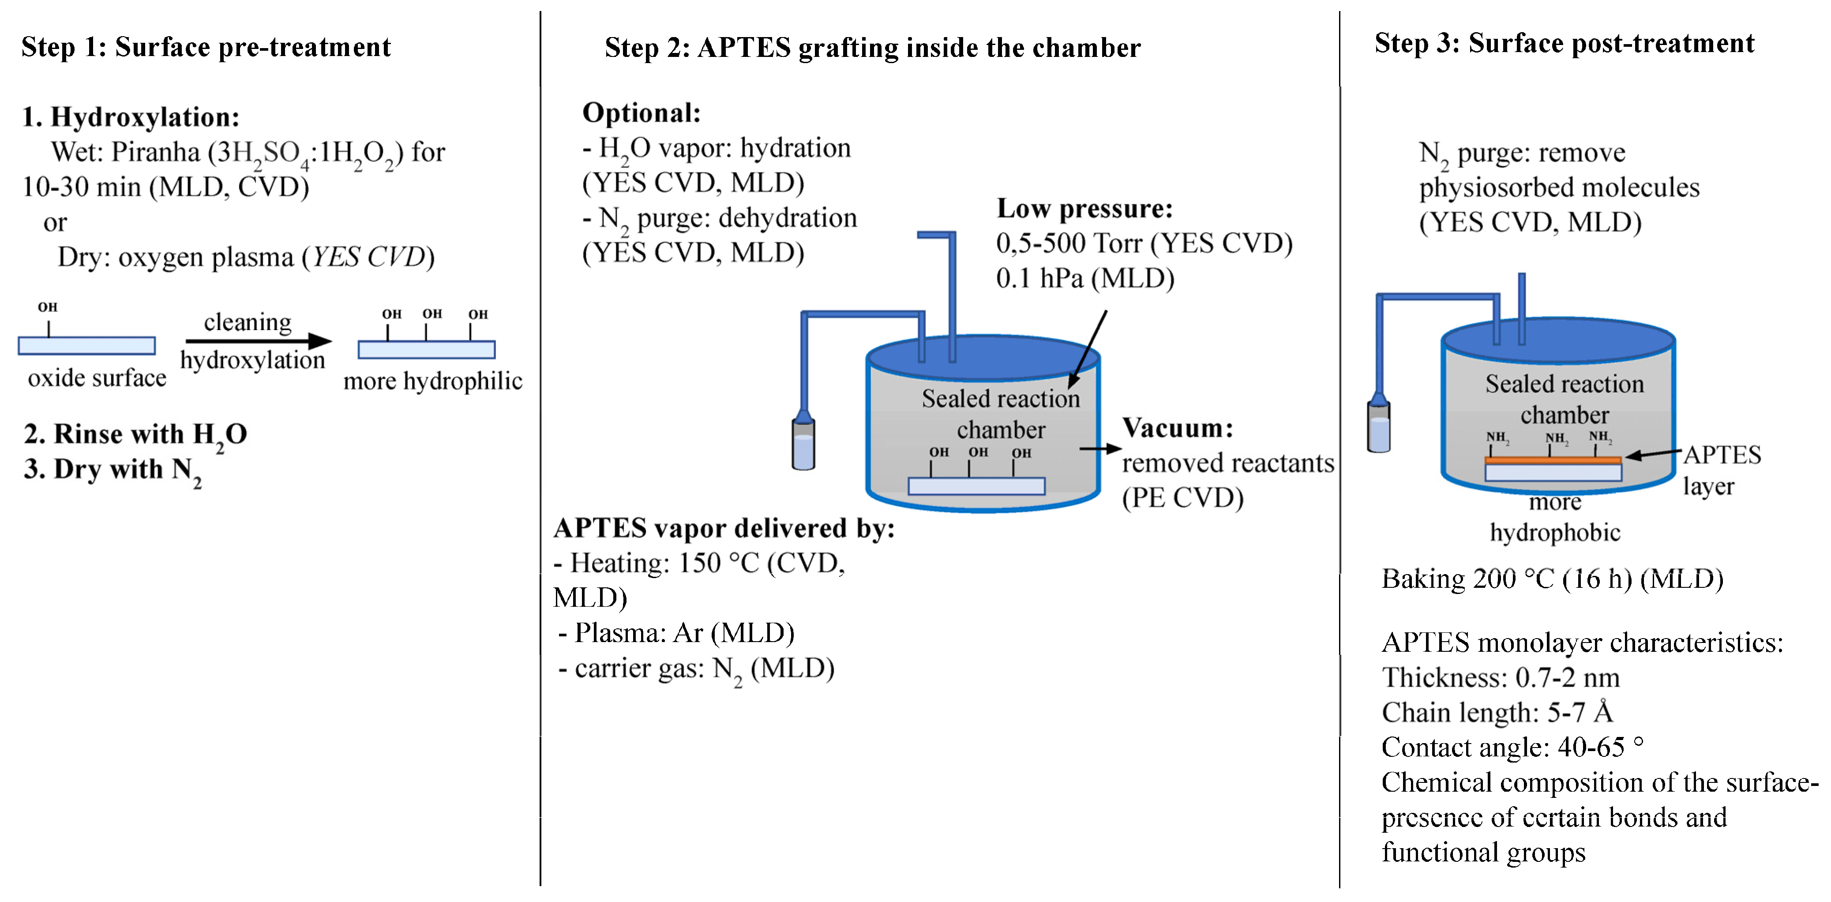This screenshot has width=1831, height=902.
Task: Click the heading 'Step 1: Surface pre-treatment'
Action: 206,47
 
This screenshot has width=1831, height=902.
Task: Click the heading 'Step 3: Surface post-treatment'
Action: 1564,43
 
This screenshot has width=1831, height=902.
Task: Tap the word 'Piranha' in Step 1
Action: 156,152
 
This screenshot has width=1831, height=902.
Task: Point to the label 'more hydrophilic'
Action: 432,381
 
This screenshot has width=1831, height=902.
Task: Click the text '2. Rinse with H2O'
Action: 135,434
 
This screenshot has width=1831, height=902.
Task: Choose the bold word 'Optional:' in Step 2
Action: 641,113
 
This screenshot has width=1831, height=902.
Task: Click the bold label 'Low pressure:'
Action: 1084,208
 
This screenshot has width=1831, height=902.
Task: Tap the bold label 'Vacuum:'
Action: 1177,428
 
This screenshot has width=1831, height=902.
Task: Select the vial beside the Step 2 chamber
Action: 803,444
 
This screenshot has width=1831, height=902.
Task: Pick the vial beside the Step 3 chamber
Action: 1378,426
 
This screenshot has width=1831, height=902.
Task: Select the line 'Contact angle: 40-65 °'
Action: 1512,747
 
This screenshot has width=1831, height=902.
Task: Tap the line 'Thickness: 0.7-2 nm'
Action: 1500,677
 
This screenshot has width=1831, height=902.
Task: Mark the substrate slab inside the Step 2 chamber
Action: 976,486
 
